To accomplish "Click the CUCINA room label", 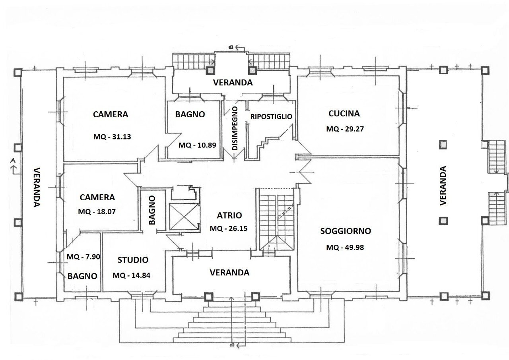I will point(344,114).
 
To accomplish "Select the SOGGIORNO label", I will point(346,231).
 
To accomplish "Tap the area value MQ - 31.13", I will point(111,137).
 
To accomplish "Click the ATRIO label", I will point(229,215).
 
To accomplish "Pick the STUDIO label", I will point(133,260).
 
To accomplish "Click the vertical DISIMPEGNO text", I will point(235,128).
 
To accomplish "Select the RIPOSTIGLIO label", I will point(271,117).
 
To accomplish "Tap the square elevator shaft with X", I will point(183,217).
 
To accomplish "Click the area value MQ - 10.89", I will point(197,145).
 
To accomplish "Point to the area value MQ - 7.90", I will point(83,257).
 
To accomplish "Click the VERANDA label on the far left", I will point(36,187).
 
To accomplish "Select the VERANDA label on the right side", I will point(443,186).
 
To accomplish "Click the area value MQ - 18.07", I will point(97,212).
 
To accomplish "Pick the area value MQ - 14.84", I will point(132,275).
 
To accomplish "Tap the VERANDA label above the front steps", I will point(229,273).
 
